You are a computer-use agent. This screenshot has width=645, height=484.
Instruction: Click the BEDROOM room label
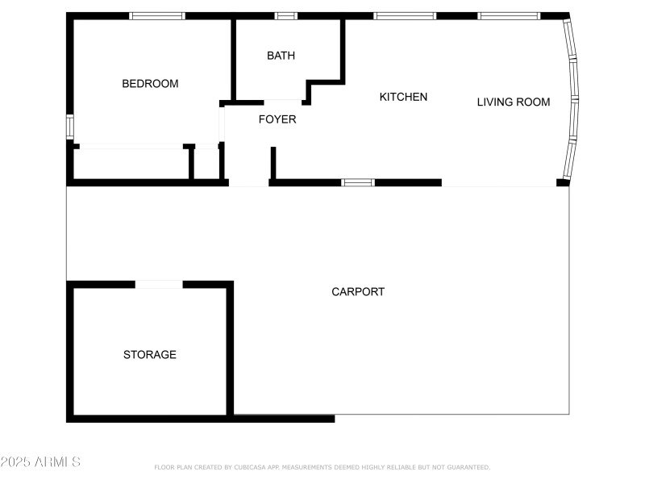pos(150,84)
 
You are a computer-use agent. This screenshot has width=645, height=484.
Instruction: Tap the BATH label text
pos(281,56)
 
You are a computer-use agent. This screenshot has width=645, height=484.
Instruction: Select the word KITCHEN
pos(403,97)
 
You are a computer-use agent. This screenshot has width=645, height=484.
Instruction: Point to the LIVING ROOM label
pos(514,102)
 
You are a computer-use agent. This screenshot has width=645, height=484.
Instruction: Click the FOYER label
pos(277,119)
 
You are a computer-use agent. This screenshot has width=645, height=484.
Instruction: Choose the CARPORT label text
pos(358,292)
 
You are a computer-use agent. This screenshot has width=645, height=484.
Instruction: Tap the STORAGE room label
pos(149,355)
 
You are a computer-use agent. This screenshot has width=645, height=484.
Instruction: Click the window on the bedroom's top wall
pos(157,16)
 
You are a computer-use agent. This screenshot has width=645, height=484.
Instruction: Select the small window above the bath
pos(285,16)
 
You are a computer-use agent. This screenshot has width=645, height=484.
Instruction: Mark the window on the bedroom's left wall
pos(70,127)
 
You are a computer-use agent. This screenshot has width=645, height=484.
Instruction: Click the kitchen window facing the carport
pos(358,182)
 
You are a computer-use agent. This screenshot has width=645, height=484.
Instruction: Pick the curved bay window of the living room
pos(572,101)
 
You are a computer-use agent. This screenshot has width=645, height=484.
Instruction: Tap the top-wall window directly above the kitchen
pos(405,16)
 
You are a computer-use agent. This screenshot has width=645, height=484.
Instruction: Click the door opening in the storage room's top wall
pos(159,284)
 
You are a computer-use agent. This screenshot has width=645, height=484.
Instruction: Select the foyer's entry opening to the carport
pos(248,184)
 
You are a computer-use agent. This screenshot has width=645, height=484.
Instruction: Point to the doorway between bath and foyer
pos(282,102)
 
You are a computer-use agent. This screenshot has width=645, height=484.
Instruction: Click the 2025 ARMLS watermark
pos(40,462)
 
